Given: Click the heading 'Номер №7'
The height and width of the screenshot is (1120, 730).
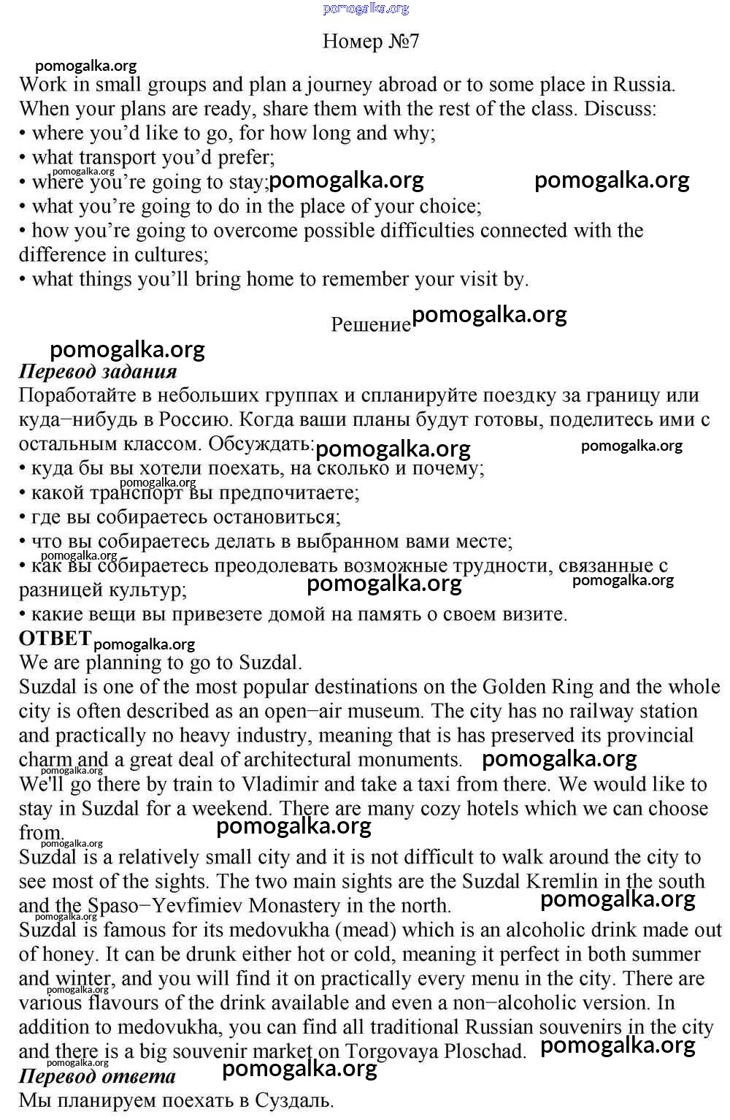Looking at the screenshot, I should (371, 41).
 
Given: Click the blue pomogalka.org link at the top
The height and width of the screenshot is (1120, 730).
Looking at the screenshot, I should (366, 8).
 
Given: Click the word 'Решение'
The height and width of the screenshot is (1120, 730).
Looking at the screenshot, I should (371, 324).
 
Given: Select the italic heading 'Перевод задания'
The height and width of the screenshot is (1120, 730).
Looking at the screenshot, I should (98, 371).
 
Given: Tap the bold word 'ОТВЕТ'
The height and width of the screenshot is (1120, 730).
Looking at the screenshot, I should (55, 639).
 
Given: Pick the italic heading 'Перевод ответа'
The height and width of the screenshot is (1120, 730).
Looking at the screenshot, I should (97, 1076).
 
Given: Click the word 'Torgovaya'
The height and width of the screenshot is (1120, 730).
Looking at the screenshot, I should (392, 1051).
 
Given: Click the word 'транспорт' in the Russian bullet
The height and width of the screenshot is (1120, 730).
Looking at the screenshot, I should (136, 493).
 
